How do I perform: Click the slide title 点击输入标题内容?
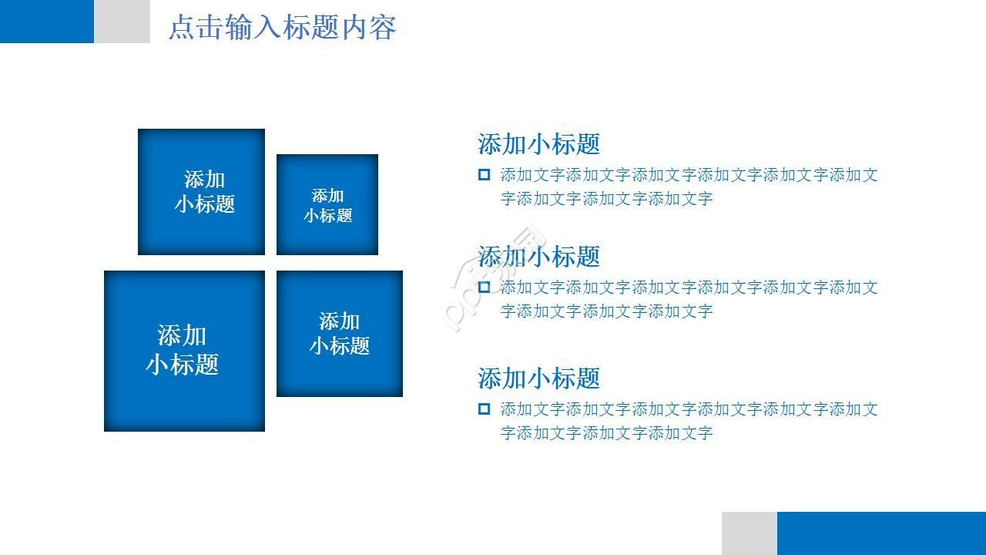coord(282,28)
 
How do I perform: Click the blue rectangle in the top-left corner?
coord(46,21)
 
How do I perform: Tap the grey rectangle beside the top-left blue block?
coord(122,21)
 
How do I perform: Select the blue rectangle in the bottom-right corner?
coord(881,533)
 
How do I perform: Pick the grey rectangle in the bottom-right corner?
coord(749,533)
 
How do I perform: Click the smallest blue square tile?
coord(327,204)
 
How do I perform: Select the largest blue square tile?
coord(184,351)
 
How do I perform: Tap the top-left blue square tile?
coord(201,191)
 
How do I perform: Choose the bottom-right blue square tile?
coord(340,333)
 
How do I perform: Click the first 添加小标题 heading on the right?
coord(538,144)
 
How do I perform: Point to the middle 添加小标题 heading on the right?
coord(538,257)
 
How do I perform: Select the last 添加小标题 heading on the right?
coord(538,378)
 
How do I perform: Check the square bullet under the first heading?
coord(484,175)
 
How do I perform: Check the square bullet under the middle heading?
coord(484,288)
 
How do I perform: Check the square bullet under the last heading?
coord(484,409)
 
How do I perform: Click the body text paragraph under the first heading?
coord(689,187)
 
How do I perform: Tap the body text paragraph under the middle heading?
coord(689,299)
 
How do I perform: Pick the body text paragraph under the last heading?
coord(689,421)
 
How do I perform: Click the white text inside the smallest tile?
coord(327,206)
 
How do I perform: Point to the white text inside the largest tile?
coord(183,349)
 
